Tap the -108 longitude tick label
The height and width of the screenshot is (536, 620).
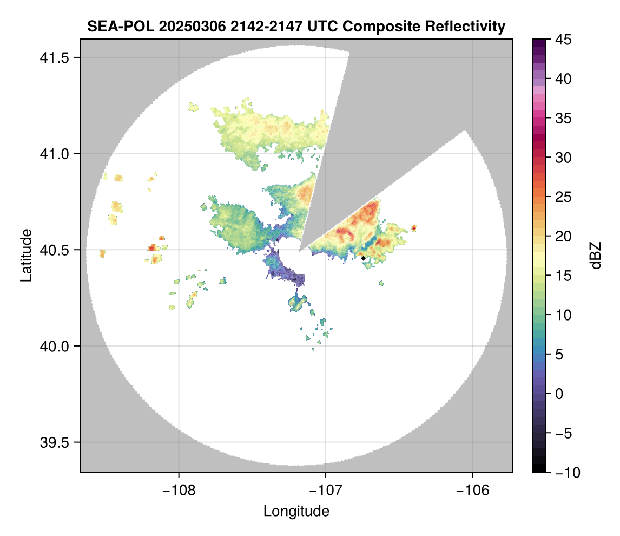click(179, 491)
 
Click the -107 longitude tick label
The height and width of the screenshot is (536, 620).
click(326, 491)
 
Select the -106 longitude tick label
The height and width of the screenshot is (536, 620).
click(473, 491)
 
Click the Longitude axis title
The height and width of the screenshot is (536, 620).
click(296, 511)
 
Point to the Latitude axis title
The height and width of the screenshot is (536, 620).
click(25, 255)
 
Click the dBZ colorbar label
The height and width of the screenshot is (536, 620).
click(596, 255)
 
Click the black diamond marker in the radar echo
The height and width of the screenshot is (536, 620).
click(363, 258)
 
